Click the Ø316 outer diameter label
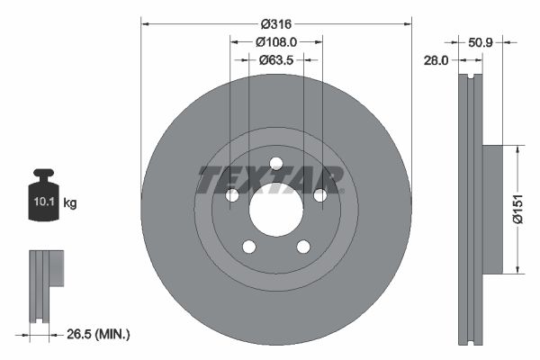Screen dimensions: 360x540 [x=276, y=24]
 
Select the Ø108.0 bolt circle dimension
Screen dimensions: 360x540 [x=276, y=42]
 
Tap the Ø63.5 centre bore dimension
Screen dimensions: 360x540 [x=276, y=60]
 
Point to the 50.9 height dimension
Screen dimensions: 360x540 [x=482, y=41]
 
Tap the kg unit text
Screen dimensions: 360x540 [x=71, y=204]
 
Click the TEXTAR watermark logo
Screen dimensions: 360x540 [x=271, y=180]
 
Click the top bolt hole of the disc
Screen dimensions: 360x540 [x=276, y=163]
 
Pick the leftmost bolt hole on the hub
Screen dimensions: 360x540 [x=231, y=195]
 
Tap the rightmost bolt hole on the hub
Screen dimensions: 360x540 [x=320, y=195]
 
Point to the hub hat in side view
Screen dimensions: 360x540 [x=491, y=208]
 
